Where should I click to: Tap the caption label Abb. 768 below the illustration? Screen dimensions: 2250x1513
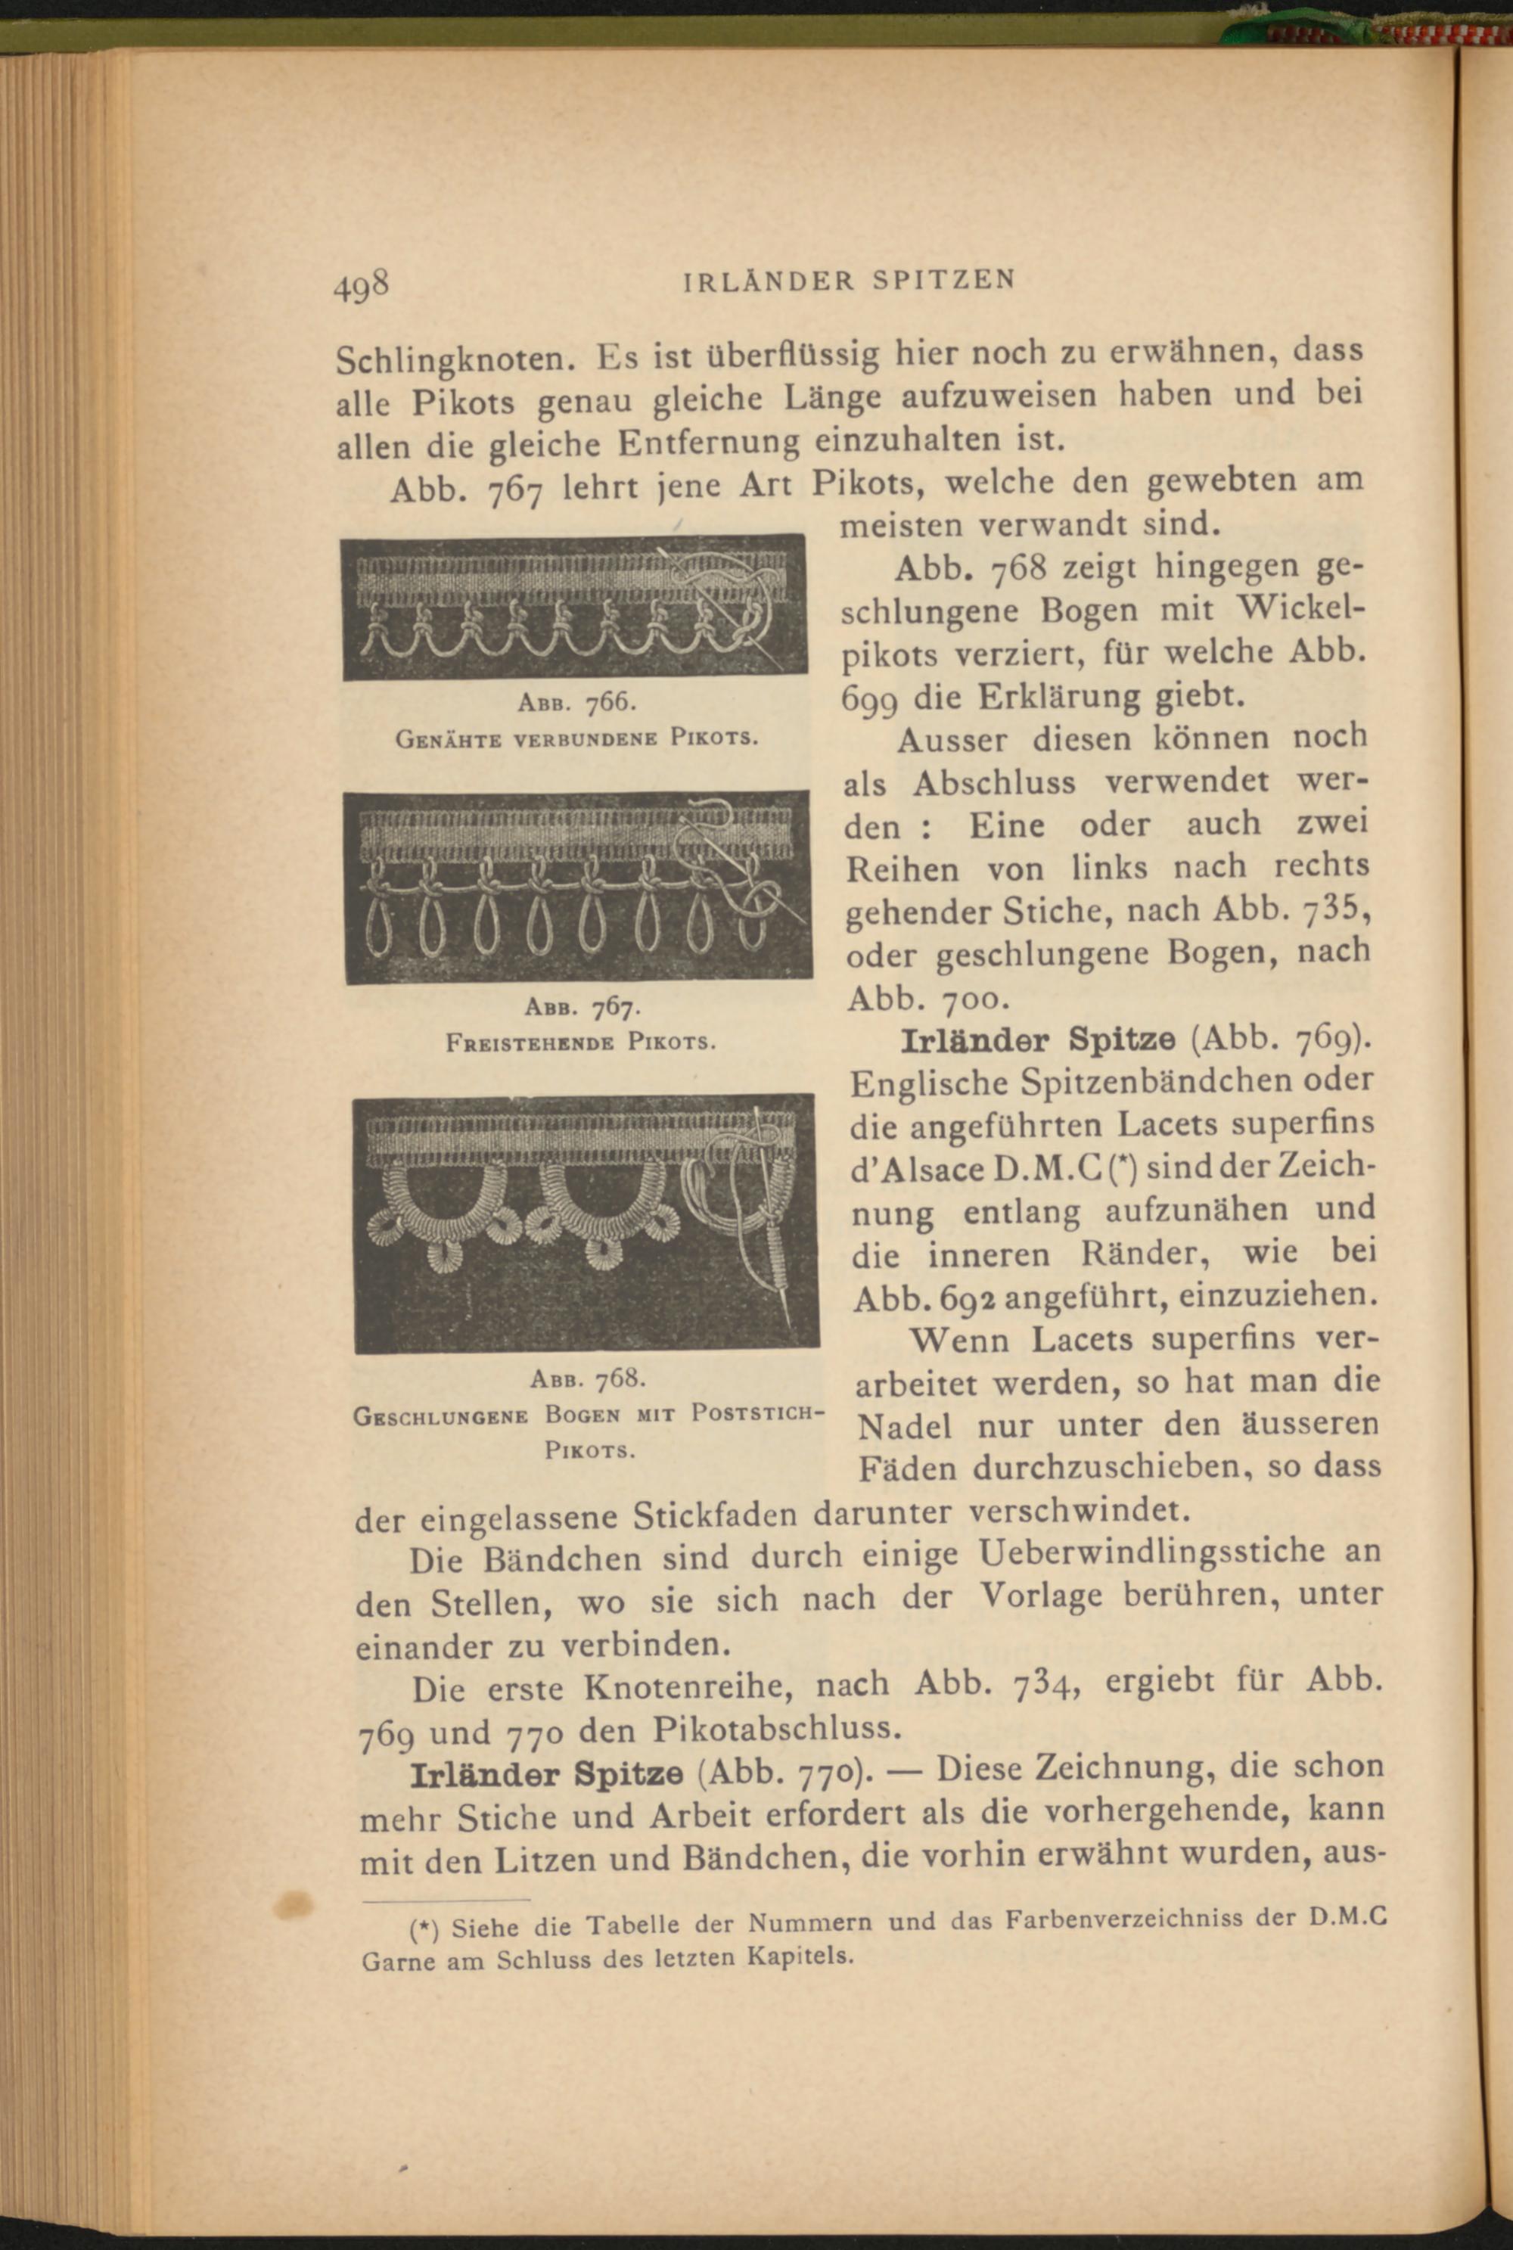[x=587, y=1377]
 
